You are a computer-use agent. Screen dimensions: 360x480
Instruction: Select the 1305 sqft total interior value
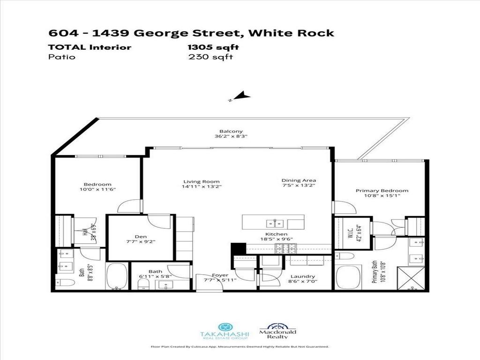[x=213, y=47]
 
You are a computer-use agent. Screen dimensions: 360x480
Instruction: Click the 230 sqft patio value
[x=210, y=57]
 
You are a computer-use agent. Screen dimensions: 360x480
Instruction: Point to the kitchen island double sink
[x=273, y=223]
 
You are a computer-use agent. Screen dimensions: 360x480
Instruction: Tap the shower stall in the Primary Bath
[x=411, y=278]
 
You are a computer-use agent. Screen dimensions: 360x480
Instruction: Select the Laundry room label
[x=302, y=277]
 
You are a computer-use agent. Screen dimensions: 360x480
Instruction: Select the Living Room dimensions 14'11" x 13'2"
[x=201, y=186]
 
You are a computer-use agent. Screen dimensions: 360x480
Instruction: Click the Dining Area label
[x=299, y=180]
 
